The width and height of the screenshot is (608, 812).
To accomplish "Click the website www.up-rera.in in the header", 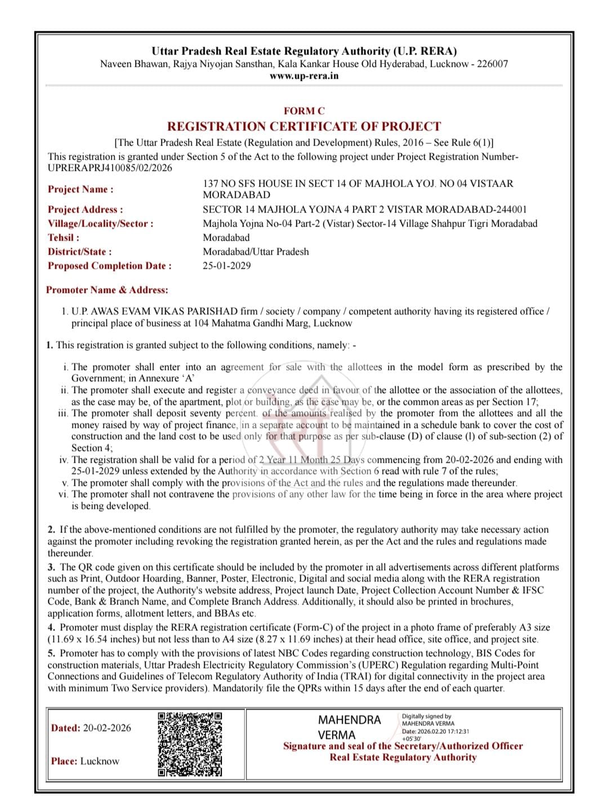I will click(x=304, y=76).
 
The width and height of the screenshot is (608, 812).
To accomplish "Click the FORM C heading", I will click(x=304, y=111).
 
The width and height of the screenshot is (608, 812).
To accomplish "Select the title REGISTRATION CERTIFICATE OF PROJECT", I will click(x=304, y=127).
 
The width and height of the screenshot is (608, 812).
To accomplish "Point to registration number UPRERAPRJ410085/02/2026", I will click(x=110, y=168).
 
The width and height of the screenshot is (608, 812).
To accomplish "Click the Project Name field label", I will click(x=81, y=190).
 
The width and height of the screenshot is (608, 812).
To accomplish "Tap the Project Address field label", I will click(x=85, y=210).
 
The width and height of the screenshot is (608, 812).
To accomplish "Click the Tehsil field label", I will click(x=64, y=238).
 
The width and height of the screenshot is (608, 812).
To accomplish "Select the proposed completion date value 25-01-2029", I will click(x=227, y=265).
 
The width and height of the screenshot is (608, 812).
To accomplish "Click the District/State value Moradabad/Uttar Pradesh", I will click(x=256, y=251).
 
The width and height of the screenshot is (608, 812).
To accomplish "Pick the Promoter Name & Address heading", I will click(x=107, y=290).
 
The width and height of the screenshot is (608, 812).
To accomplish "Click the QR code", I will click(x=190, y=744).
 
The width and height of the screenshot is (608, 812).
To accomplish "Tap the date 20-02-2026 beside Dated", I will click(x=107, y=728).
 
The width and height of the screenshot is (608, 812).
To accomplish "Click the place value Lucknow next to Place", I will click(x=100, y=761).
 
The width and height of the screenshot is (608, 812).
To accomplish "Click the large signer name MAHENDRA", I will click(x=349, y=720).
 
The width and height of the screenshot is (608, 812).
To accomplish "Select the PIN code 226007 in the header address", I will click(x=493, y=64).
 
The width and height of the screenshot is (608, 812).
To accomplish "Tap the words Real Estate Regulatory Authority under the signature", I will click(x=403, y=757).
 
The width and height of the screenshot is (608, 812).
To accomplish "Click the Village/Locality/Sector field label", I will click(x=100, y=224).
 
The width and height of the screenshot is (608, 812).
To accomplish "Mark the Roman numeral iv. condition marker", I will click(x=64, y=460).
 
